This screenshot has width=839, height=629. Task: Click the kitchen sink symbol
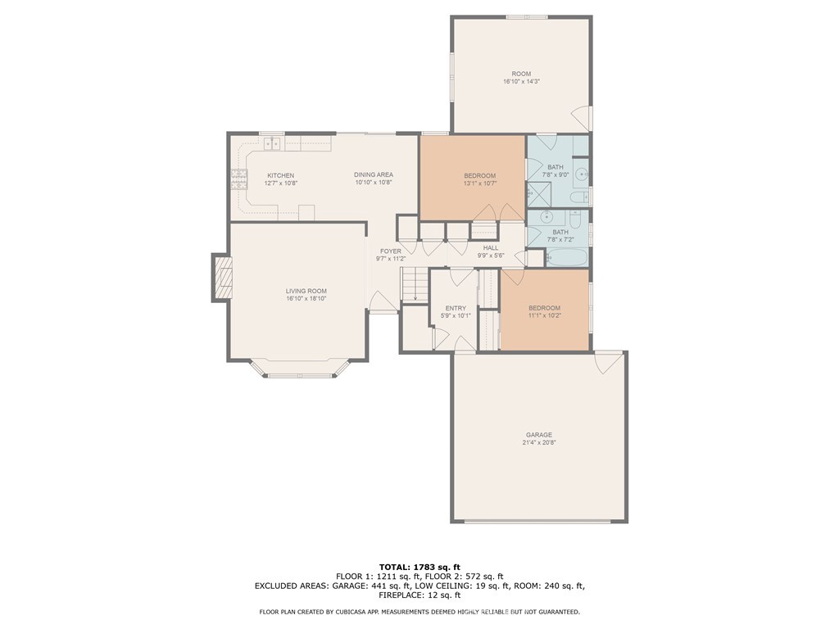(x=271, y=144)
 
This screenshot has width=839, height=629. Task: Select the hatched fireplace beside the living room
(x=223, y=278)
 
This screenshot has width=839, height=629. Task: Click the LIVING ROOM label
(x=306, y=291)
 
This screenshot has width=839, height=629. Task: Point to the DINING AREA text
(x=374, y=174)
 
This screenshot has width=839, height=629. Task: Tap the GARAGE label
(x=538, y=435)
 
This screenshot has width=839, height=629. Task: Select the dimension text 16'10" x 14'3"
(x=521, y=82)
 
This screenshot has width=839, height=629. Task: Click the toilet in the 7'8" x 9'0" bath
(x=578, y=197)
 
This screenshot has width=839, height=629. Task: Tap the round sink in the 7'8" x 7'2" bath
(x=547, y=218)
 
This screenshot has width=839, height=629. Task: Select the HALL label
(x=491, y=247)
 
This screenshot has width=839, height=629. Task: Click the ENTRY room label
(x=456, y=308)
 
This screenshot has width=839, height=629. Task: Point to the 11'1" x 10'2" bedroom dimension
(x=544, y=315)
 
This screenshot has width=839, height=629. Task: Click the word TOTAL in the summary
(x=396, y=567)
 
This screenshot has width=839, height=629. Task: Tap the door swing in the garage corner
(x=607, y=360)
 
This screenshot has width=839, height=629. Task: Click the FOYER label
(x=391, y=251)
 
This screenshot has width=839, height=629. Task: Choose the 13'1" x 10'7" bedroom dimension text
(x=479, y=183)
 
